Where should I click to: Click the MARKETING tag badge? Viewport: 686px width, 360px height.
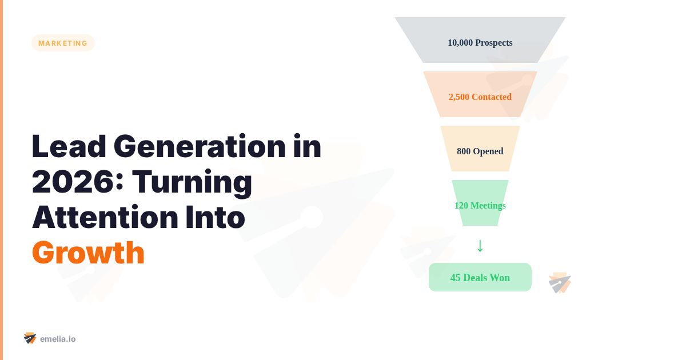click(63, 43)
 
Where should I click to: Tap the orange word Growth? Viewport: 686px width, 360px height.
click(88, 253)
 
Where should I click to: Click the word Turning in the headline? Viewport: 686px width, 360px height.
click(192, 182)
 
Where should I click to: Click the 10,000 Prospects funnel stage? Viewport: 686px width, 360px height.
click(480, 40)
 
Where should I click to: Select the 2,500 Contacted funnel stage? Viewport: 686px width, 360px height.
click(480, 94)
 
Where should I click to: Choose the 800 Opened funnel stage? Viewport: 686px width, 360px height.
click(480, 149)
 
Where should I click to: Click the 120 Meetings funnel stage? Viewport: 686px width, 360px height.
click(480, 203)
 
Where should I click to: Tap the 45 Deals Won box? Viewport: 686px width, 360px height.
click(480, 277)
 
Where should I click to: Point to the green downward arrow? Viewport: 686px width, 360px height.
click(480, 245)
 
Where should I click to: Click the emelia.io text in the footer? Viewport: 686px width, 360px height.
click(58, 339)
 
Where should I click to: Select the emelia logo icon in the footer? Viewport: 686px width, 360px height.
click(30, 338)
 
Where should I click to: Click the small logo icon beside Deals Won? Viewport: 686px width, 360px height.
click(560, 283)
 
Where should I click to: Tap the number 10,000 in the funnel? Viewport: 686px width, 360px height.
click(460, 43)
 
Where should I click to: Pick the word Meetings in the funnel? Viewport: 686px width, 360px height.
click(488, 206)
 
